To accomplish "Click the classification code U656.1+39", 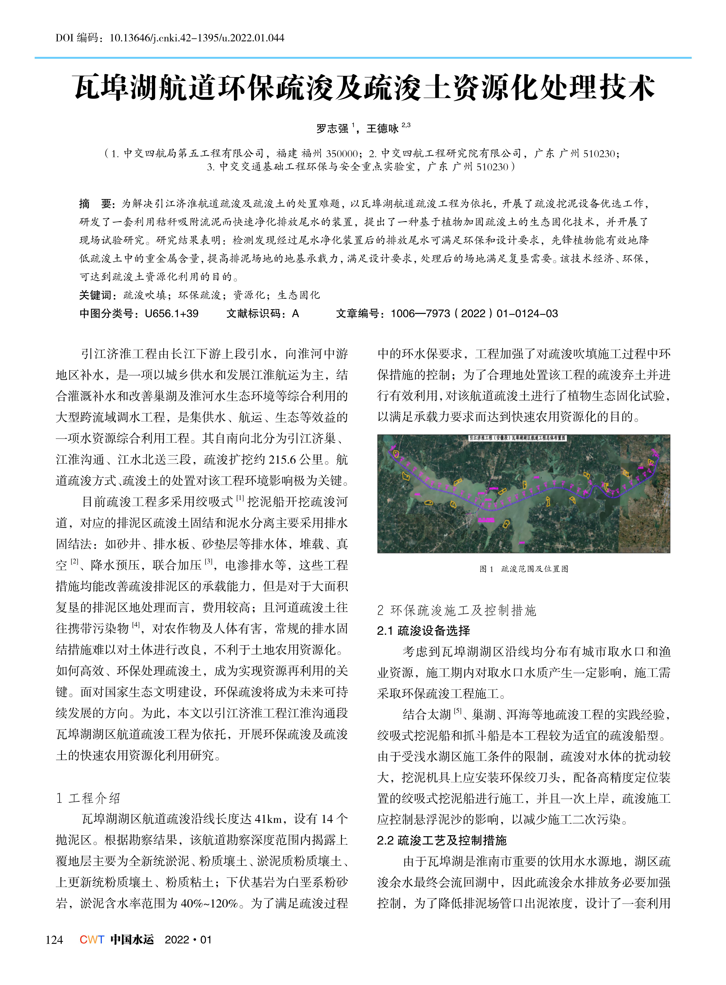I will click(171, 314).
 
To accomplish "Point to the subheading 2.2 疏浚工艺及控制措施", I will click(442, 840).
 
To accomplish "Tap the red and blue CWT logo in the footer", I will click(92, 940).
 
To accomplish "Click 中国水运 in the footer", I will click(132, 940).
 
